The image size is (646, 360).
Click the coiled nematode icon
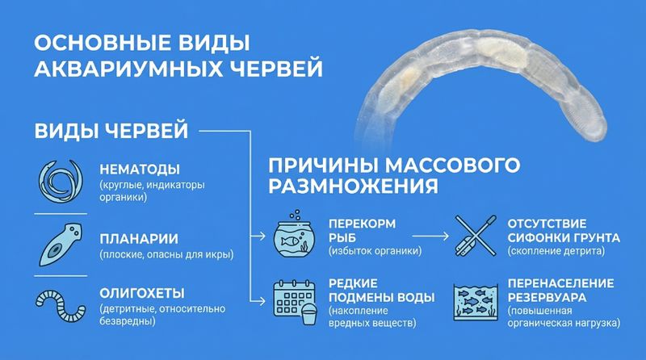[61, 182]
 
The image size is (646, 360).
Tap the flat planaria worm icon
[60, 246]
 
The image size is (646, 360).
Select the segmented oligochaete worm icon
[61, 306]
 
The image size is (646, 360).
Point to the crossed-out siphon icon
[476, 236]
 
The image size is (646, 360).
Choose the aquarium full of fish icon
[476, 302]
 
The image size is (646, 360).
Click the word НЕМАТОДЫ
[140, 170]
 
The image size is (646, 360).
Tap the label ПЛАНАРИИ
[139, 239]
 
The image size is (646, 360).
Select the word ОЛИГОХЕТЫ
[142, 293]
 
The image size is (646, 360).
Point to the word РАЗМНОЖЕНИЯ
[353, 186]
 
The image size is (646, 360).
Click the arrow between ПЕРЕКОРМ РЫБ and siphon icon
[430, 236]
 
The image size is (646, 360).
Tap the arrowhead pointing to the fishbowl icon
[262, 236]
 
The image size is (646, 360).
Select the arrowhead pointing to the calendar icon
[262, 301]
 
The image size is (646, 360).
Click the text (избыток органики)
[375, 250]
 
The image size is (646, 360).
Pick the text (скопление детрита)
[556, 250]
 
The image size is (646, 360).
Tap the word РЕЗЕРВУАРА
[547, 297]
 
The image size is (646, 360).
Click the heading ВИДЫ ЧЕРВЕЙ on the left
[111, 131]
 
